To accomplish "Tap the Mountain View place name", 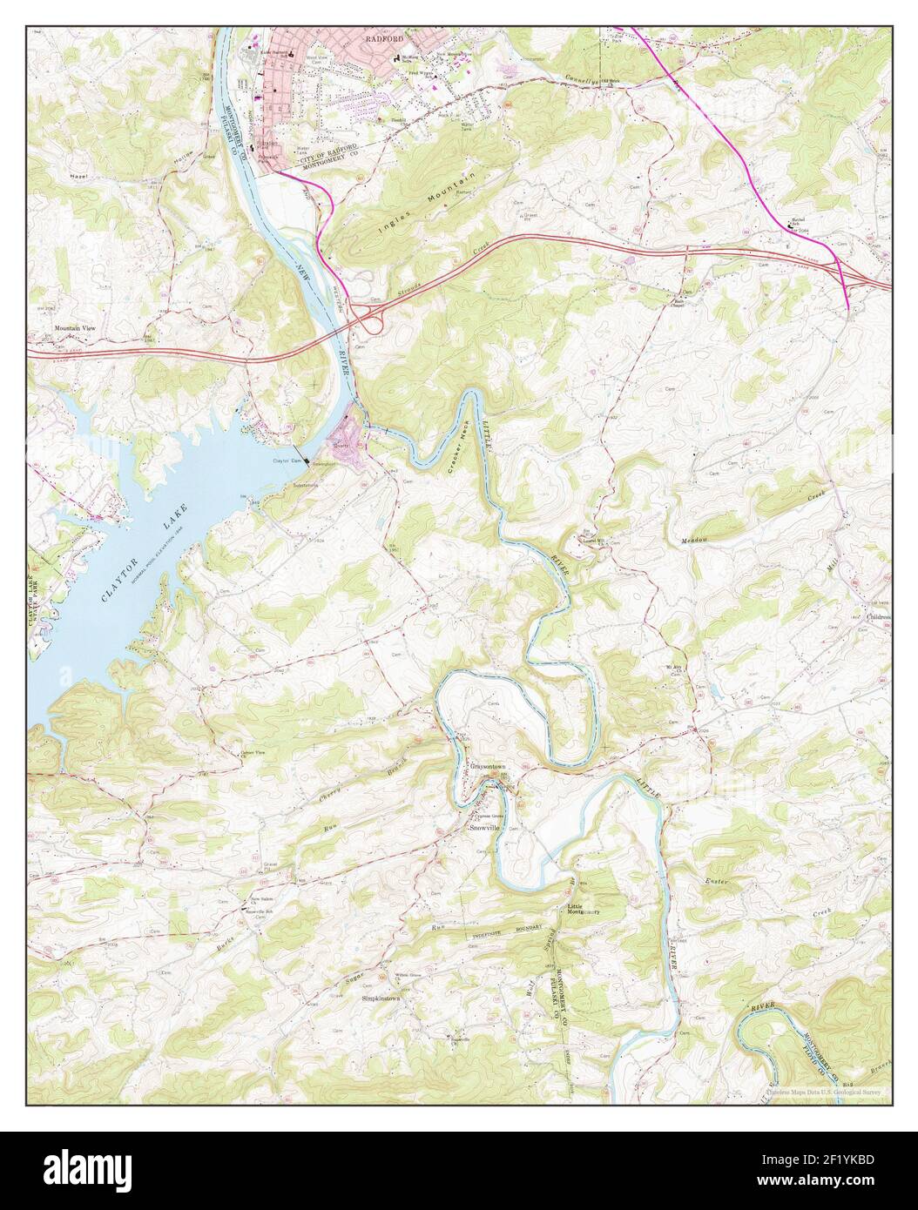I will (75, 328).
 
